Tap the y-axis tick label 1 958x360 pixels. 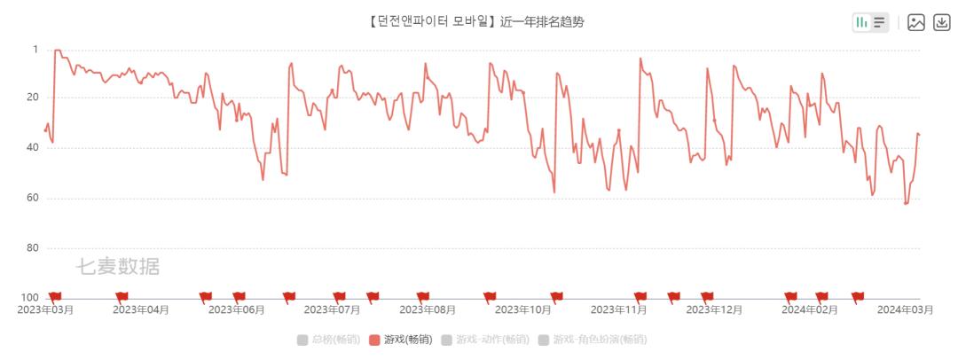[35, 49]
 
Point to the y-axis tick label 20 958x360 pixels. [33, 98]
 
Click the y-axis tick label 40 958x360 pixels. [33, 148]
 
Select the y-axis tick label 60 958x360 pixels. [33, 198]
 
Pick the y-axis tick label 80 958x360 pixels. [33, 247]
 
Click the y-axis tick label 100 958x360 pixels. [30, 297]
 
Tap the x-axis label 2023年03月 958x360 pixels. [45, 310]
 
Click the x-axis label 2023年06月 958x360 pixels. [237, 310]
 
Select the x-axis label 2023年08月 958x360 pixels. [428, 310]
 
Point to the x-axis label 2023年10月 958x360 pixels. [523, 310]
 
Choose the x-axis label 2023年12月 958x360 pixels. [714, 310]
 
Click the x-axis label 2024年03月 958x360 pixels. [906, 310]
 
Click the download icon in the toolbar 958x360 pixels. [941, 22]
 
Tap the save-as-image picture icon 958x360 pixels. [916, 22]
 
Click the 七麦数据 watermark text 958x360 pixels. [117, 266]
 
